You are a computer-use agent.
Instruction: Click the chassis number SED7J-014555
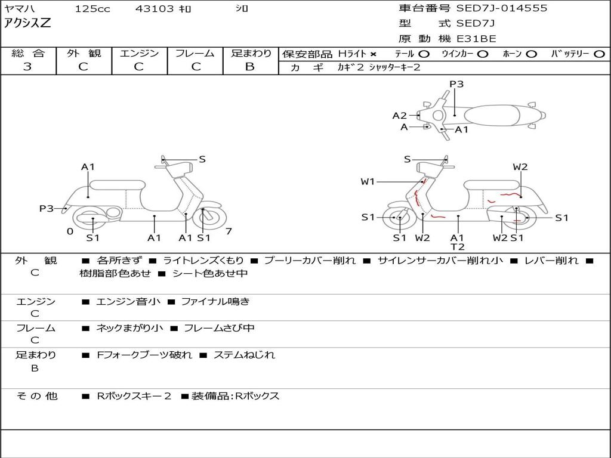coord(501,8)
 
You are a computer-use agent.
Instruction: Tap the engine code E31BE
coord(476,39)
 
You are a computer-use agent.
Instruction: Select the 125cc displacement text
coord(92,8)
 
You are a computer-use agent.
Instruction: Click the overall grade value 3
coord(27,67)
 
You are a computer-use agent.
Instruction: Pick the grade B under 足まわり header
coord(250,67)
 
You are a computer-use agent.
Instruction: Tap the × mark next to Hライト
coord(374,54)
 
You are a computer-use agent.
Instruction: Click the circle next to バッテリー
coord(599,54)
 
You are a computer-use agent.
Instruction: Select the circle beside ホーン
coord(532,54)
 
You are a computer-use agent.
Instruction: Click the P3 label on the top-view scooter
coord(456,84)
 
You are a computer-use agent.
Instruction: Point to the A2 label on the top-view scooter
coord(399,116)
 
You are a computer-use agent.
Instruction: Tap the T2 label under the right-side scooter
coord(458,246)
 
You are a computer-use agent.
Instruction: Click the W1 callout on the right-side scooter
coord(368,181)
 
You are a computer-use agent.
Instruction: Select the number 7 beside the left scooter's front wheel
coord(229,231)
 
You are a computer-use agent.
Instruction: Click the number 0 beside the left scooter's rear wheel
coord(70,231)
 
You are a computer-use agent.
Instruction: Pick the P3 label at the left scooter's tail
coord(47,209)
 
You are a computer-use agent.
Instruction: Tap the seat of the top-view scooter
coord(492,116)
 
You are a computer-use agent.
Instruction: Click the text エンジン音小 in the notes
coord(128,301)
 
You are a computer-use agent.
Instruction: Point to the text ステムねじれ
coord(244,355)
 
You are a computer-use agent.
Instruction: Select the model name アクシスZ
coord(27,23)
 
